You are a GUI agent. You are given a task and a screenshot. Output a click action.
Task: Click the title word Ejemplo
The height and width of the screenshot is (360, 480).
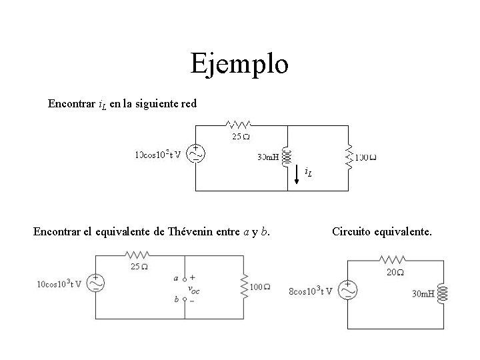click(239, 64)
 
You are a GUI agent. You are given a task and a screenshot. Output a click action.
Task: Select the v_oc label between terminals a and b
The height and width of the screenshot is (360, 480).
click(194, 289)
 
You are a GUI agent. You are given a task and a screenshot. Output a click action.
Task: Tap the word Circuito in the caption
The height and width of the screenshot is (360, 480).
click(352, 232)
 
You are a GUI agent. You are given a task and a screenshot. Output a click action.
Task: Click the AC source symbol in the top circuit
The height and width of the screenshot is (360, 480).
click(195, 155)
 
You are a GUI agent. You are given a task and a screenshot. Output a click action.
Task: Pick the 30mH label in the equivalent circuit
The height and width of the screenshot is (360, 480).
click(423, 293)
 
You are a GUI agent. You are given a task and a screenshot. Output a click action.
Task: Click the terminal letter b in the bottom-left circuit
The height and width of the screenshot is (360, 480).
click(176, 300)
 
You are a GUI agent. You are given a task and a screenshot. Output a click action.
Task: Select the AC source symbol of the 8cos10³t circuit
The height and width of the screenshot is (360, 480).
click(347, 290)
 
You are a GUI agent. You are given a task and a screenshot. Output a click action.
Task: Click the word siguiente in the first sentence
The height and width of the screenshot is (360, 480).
click(155, 104)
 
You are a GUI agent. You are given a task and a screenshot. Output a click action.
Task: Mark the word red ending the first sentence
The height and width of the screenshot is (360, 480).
click(188, 104)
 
